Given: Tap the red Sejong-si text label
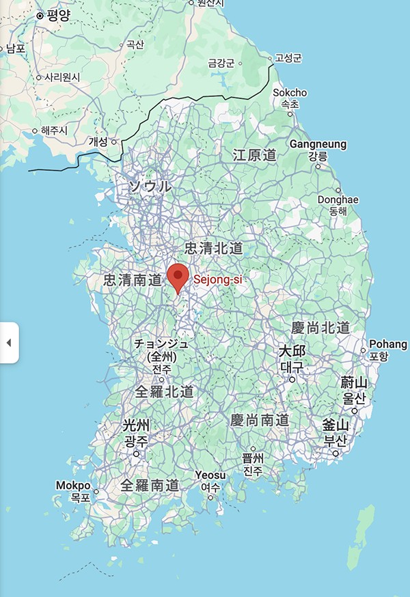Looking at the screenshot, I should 217,279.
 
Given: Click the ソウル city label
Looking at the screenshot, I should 151,186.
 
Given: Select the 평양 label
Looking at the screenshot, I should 58,16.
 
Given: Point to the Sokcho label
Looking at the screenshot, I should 290,93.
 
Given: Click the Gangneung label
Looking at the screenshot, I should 318,145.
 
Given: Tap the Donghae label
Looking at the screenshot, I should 338,199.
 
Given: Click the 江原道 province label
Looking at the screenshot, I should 254,154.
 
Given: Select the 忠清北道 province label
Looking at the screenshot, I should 214,247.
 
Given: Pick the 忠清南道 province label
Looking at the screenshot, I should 133,280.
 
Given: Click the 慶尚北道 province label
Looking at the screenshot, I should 320,327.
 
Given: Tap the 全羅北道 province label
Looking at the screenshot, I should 164,391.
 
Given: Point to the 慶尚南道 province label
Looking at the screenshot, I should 259,420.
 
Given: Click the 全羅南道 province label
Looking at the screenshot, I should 150,485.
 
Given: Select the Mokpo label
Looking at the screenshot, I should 73,486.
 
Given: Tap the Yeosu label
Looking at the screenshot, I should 210,475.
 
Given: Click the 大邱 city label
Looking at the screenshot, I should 292,351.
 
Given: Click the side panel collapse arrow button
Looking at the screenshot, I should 9,342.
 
